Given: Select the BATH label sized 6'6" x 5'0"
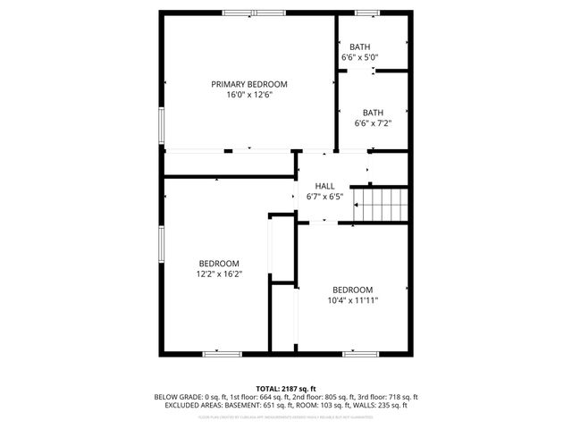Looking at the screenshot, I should point(359,46).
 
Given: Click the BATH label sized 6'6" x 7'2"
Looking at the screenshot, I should point(373,113).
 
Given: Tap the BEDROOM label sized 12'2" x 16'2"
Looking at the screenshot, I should point(219,263).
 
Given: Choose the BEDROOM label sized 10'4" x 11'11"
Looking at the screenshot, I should point(352,290).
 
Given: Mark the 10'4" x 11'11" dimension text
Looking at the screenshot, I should point(352,300).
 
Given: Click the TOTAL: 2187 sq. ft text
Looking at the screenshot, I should point(286,389).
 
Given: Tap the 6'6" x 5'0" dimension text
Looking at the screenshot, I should point(359,57).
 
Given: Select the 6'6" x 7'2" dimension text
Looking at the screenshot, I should point(373,123).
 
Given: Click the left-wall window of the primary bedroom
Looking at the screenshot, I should point(161,126).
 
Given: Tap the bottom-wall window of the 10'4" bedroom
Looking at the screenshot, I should point(361,354).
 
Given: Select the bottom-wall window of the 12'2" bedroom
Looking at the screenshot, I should point(222,354).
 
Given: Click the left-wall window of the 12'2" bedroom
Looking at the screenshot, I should point(161,246).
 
